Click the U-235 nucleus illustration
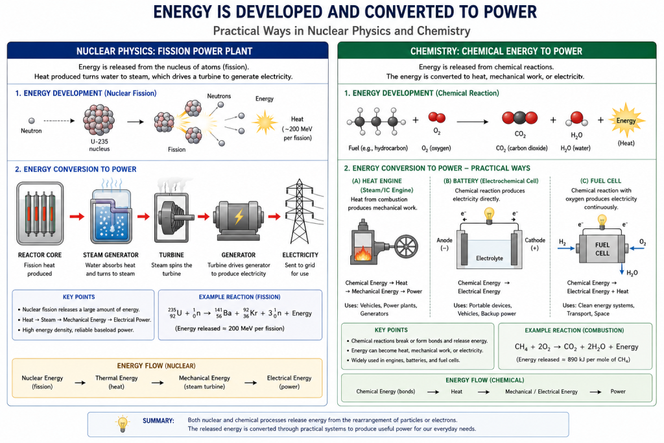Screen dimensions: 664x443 point(99,120)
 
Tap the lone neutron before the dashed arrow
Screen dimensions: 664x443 point(31,121)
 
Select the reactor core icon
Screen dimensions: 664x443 point(40,213)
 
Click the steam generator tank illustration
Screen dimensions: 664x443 point(111,216)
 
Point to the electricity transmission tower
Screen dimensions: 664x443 point(300,211)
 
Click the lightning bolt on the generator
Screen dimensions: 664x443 point(239,217)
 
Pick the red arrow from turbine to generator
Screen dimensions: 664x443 point(204,217)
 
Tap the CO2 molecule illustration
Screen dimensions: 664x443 point(519,118)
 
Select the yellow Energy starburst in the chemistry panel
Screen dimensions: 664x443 point(626,121)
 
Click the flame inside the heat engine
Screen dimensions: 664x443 point(362,253)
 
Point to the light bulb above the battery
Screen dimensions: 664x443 point(489,215)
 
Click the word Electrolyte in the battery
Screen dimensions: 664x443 point(490,258)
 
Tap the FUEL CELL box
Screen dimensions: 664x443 point(602,248)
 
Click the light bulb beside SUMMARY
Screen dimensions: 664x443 point(123,424)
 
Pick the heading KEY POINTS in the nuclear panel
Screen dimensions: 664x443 point(78,297)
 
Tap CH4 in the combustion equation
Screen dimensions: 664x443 point(521,347)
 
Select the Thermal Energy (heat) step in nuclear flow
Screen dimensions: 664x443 point(117,382)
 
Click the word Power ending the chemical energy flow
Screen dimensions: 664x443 point(618,391)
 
